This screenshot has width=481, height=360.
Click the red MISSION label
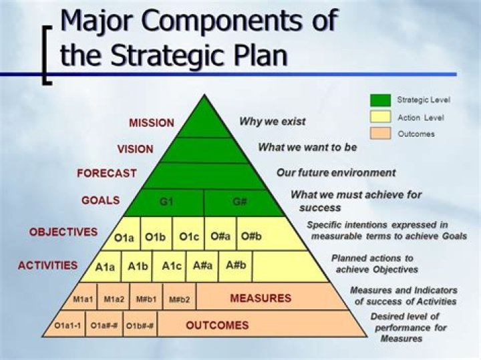151,123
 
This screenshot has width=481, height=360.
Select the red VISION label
135,148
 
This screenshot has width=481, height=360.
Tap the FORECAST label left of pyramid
106,173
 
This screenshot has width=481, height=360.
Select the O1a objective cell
124,237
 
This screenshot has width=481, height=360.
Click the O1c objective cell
189,236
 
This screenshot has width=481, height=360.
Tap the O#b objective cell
251,236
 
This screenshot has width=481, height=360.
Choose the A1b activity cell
138,266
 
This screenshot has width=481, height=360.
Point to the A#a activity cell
203,266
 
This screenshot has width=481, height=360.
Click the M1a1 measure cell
83,299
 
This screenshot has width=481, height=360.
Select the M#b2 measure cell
179,299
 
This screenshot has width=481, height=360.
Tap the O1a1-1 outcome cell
68,326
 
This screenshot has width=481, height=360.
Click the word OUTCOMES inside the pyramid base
217,325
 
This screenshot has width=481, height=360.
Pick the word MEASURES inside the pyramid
261,298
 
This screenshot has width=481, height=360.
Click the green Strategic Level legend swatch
380,100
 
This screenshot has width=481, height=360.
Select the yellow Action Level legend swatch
380,118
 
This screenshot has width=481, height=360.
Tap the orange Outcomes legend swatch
380,134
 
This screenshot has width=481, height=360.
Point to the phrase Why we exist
272,122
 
